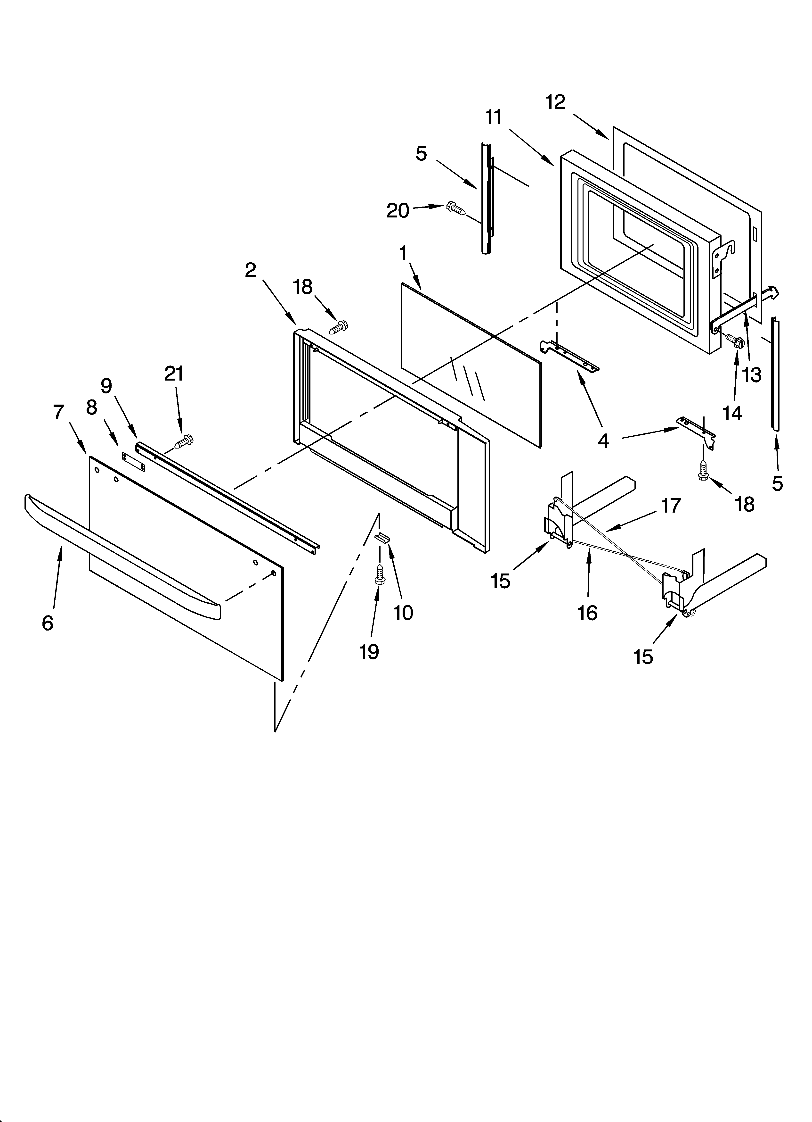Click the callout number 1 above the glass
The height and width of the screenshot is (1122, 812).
(x=403, y=254)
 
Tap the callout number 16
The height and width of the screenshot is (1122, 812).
(x=587, y=613)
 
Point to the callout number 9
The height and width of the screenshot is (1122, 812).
(x=106, y=386)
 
